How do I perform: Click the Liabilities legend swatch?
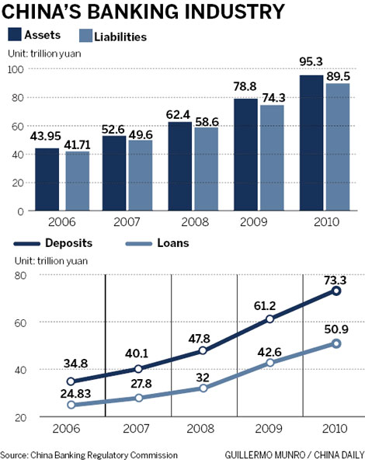click(x=87, y=36)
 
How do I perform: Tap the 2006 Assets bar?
click(x=47, y=179)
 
